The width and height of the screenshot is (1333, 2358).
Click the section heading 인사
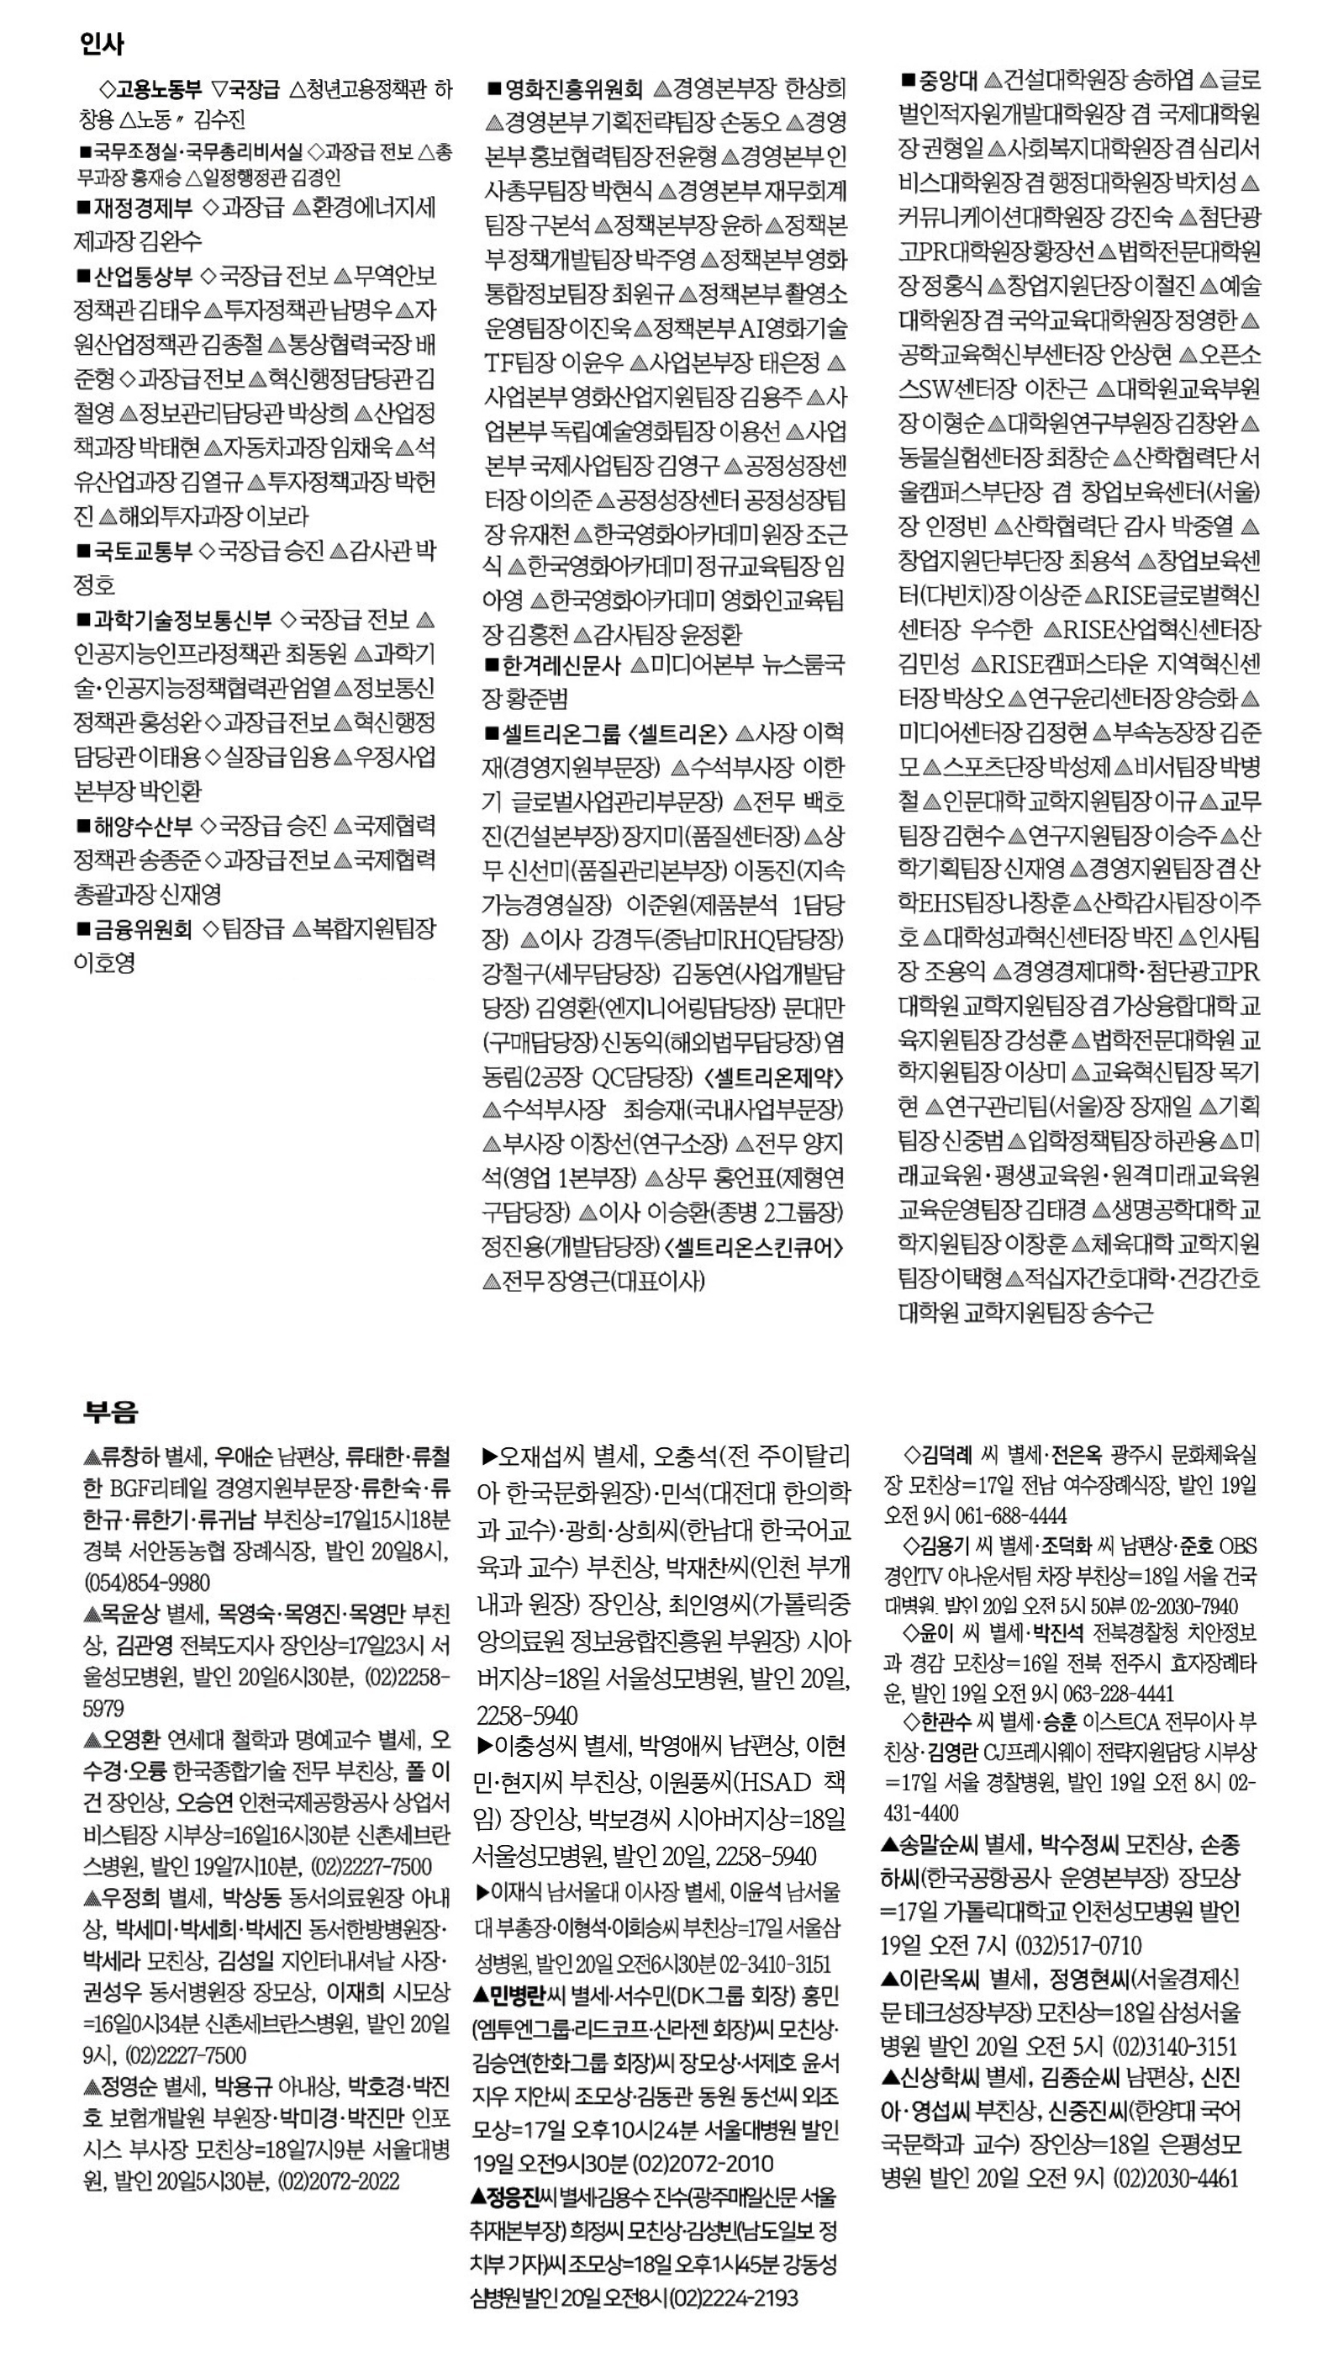coord(102,43)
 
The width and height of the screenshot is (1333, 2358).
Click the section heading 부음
coord(110,1411)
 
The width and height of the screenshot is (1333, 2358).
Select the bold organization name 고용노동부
coord(158,90)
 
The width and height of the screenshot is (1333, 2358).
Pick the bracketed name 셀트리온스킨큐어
coord(755,1247)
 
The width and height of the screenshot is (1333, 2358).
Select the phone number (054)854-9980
coord(146,1583)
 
